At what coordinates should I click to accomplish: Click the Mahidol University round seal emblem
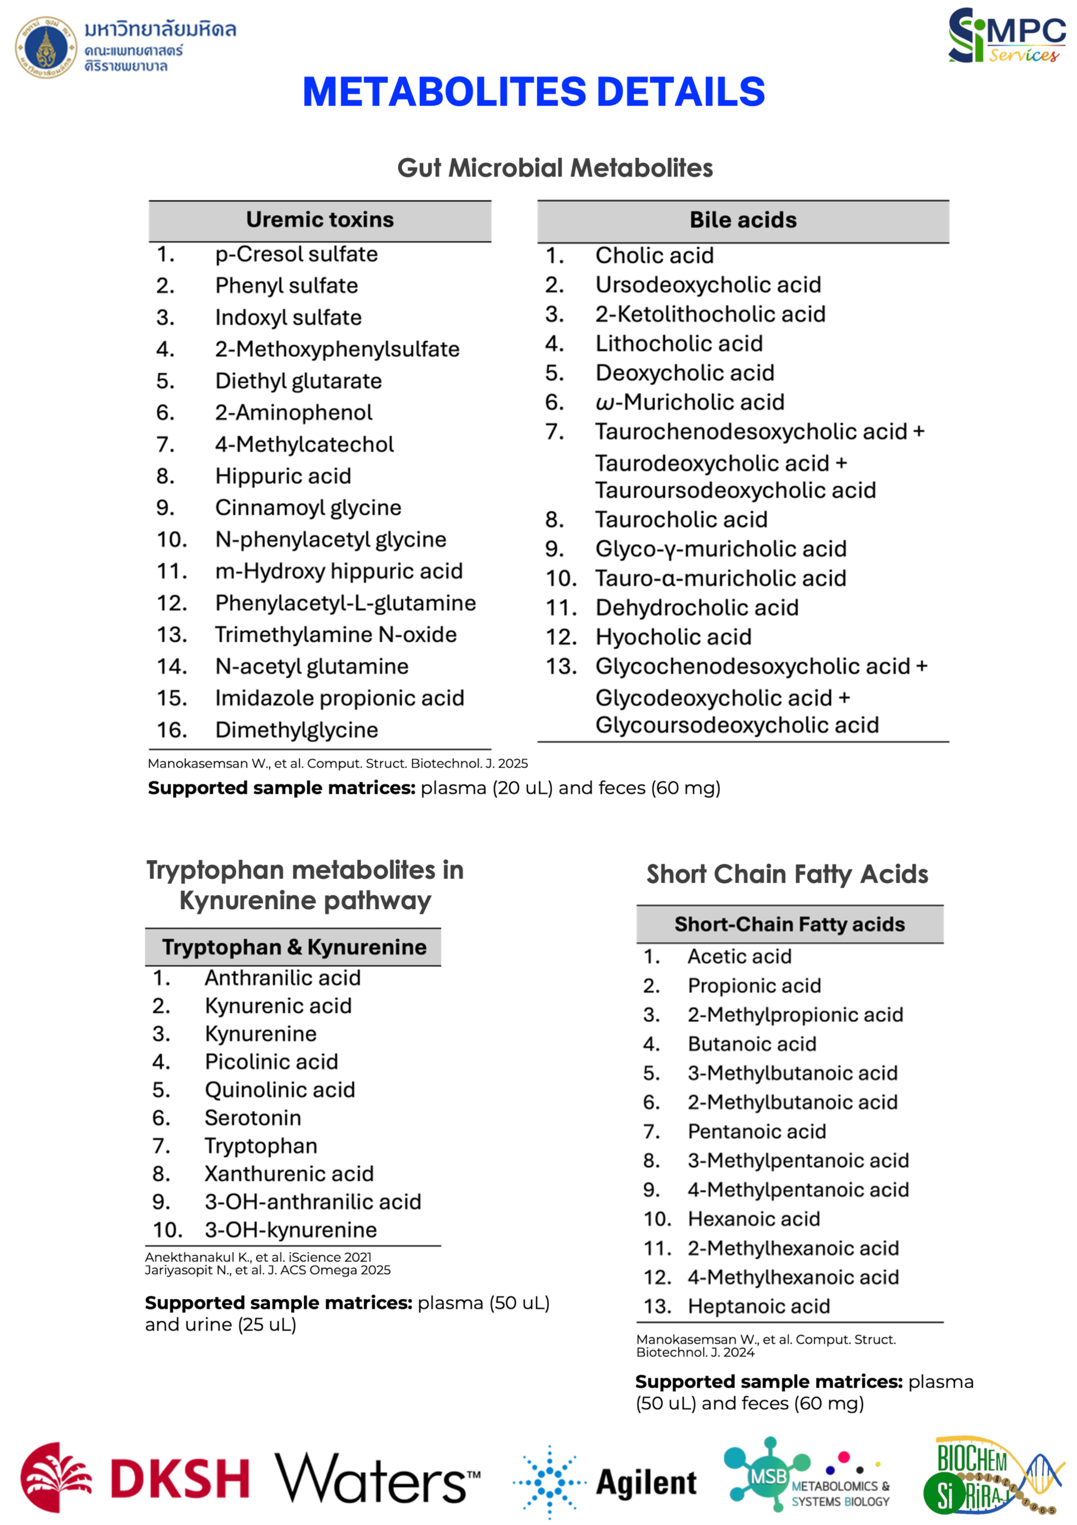coord(46,47)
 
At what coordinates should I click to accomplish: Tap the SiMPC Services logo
coord(1006,36)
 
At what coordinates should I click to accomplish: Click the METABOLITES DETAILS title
coord(533,92)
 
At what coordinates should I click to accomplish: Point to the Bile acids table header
coord(742,220)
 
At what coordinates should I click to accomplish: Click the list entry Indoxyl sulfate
coord(288,318)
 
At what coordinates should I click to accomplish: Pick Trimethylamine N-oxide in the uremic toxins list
coord(335,634)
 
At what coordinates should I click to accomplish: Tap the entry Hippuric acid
coord(283,476)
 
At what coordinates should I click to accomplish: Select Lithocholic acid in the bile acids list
coord(679,343)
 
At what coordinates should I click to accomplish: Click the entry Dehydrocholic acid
coord(697,608)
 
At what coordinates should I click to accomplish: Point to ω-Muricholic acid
coord(690,402)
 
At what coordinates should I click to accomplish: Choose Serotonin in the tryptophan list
coord(252,1118)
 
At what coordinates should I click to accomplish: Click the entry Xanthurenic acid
coord(289,1174)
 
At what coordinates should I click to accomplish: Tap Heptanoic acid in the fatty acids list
coord(758,1306)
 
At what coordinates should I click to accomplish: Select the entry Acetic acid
coord(739,957)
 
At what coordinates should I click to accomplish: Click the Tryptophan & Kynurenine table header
coord(294,947)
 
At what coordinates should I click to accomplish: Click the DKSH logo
coord(136,1478)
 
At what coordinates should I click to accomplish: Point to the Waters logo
coord(376,1479)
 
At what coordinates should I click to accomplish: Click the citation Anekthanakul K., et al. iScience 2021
coord(258,1258)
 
